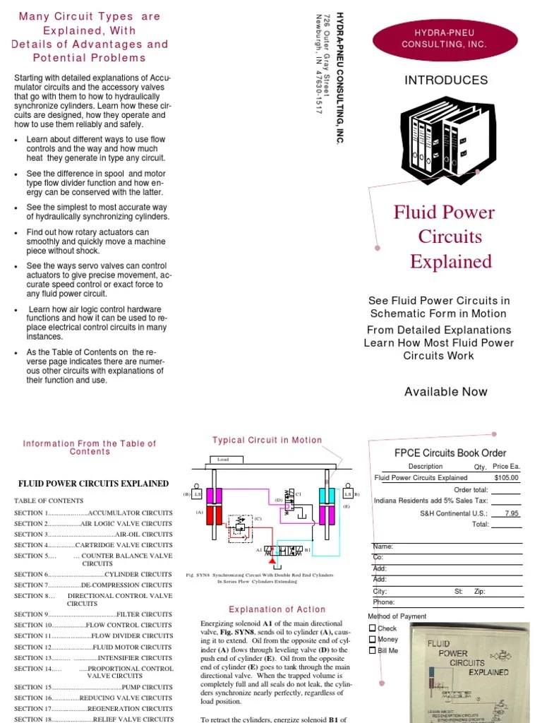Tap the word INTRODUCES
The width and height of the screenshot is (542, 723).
coord(445,80)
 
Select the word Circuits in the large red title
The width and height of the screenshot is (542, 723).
coord(450,237)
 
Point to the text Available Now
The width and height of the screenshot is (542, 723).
coord(445,392)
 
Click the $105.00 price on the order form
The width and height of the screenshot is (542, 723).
coord(506,478)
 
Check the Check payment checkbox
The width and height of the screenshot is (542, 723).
coord(373,628)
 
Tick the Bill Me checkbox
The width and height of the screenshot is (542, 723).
coord(373,650)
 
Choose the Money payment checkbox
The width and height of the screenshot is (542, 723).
coord(373,639)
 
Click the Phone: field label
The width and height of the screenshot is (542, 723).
coord(383,602)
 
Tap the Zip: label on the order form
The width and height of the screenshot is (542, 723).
coord(480,592)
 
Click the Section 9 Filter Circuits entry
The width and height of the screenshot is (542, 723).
coord(93,615)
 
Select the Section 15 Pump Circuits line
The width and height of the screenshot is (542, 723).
coord(93,687)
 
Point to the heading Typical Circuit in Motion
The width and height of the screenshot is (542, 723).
coord(267,440)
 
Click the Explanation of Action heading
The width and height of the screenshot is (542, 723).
coord(277,609)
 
